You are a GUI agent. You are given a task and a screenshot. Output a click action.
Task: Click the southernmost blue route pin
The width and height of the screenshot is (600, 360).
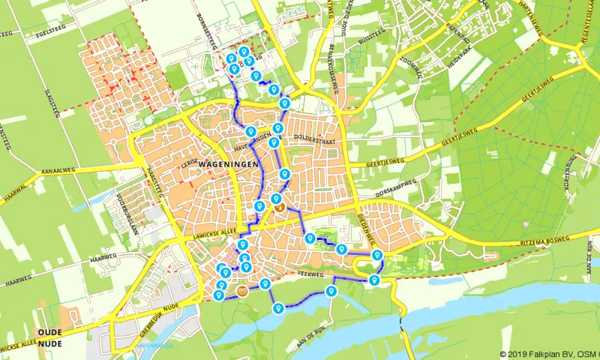click(277, 307)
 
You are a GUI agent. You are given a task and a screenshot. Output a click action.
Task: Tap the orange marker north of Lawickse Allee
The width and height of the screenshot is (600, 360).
click(277, 204)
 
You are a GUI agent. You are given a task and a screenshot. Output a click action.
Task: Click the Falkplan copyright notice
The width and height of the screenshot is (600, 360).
click(548, 354)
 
